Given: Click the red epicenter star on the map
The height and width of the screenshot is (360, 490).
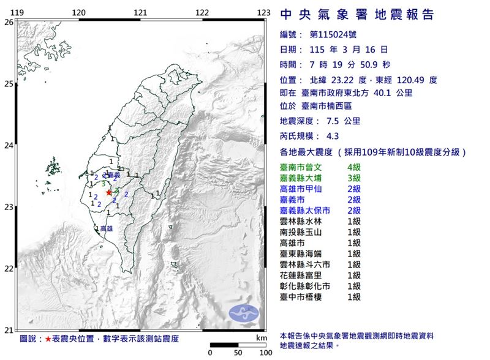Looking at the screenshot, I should [x=109, y=192].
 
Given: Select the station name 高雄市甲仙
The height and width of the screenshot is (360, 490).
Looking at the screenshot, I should [x=301, y=189].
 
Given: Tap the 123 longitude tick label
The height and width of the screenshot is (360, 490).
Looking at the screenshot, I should [x=264, y=12].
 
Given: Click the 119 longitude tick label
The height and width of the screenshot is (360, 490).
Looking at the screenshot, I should [x=18, y=12].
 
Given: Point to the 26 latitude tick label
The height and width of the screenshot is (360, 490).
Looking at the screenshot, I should [x=8, y=22].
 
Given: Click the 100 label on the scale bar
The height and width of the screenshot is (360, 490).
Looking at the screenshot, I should [x=264, y=353].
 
